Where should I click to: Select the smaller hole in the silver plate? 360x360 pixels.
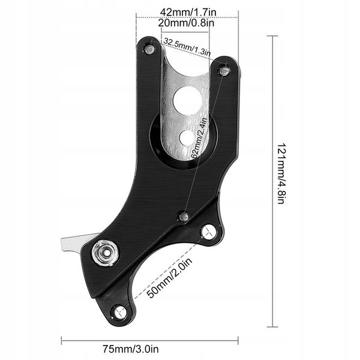pyautogui.click(x=187, y=137)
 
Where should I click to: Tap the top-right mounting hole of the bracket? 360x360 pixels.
pyautogui.click(x=224, y=71)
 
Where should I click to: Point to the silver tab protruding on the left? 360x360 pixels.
pyautogui.click(x=71, y=243)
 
